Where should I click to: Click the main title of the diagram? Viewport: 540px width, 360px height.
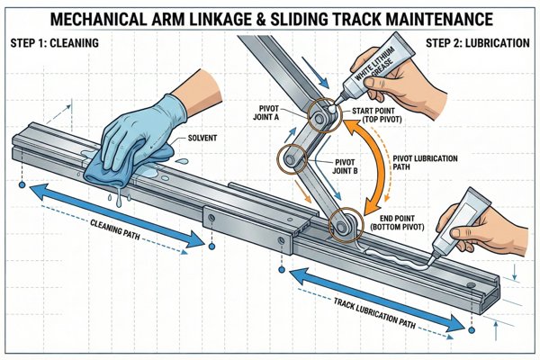tap(270, 17)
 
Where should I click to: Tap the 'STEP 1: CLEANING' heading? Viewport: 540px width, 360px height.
tap(56, 41)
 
